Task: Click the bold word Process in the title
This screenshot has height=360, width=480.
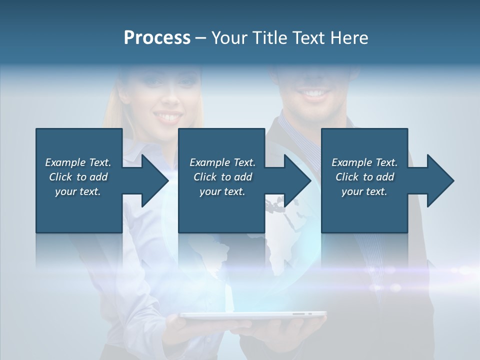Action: pos(157,38)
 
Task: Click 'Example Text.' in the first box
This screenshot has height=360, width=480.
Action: pos(78,162)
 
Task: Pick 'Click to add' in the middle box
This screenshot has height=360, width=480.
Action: pos(222,177)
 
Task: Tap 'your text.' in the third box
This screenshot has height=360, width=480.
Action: pos(364,191)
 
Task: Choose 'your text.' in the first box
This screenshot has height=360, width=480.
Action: pos(78,191)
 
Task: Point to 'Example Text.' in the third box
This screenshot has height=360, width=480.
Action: pos(364,162)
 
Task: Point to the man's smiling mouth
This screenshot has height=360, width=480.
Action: pos(314,93)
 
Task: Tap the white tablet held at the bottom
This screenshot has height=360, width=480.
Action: pos(253,315)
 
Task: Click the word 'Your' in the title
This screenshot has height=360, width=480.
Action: pos(229,38)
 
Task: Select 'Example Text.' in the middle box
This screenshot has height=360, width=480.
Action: pos(222,162)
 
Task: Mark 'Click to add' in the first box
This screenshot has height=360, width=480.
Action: pos(78,177)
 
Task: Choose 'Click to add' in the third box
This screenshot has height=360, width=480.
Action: pos(364,177)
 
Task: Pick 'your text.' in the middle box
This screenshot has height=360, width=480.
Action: pos(222,191)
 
